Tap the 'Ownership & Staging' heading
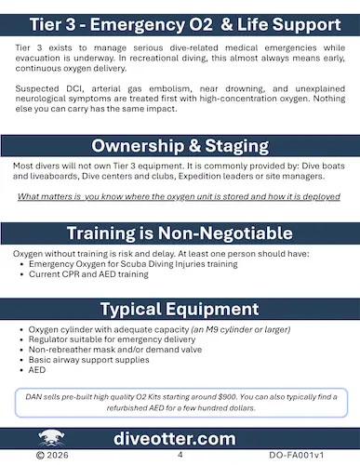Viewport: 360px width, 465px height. [x=180, y=147]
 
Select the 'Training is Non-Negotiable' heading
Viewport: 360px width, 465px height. [x=180, y=233]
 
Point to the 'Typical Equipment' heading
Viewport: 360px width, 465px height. [x=180, y=308]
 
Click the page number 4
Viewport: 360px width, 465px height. [x=180, y=457]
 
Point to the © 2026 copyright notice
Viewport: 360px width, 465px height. [x=51, y=457]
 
